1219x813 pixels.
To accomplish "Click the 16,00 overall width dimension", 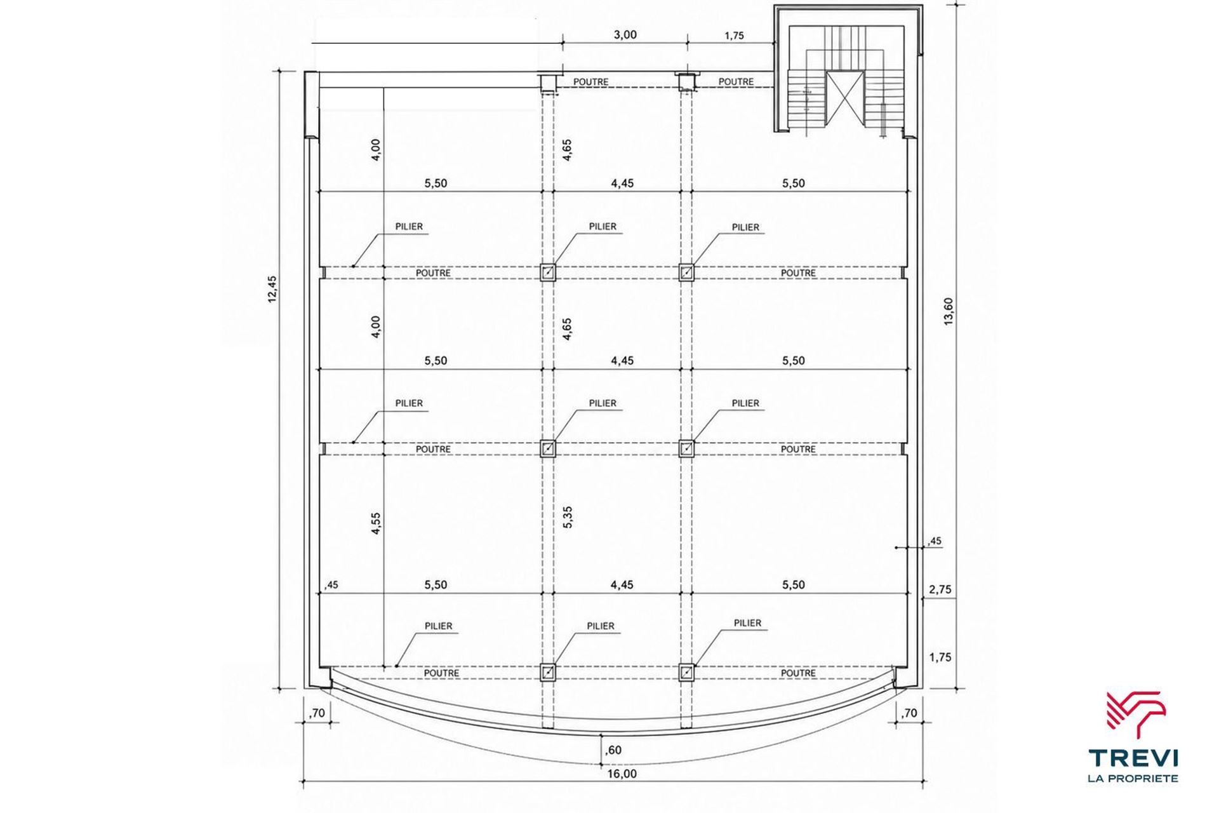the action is pyautogui.click(x=622, y=774).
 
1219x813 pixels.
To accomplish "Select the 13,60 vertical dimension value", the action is pyautogui.click(x=949, y=311).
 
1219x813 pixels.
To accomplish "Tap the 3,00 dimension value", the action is pyautogui.click(x=625, y=35).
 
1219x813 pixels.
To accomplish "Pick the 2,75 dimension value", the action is pyautogui.click(x=940, y=589).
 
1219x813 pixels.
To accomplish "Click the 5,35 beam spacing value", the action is pyautogui.click(x=568, y=517).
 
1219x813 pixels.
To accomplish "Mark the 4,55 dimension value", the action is pyautogui.click(x=376, y=523).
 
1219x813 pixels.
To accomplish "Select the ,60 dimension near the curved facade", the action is pyautogui.click(x=613, y=750).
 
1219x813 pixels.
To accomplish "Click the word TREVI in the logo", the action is pyautogui.click(x=1134, y=758).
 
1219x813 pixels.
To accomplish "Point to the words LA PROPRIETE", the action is pyautogui.click(x=1134, y=778).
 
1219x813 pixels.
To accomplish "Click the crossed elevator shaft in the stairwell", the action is pyautogui.click(x=845, y=98).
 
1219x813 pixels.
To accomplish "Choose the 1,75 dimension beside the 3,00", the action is pyautogui.click(x=734, y=36).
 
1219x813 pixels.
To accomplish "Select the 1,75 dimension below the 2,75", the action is pyautogui.click(x=940, y=657).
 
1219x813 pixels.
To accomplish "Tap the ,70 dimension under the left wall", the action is pyautogui.click(x=317, y=713).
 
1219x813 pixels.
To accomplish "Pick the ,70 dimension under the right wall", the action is pyautogui.click(x=909, y=713).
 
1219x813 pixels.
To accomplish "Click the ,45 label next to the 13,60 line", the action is pyautogui.click(x=935, y=542).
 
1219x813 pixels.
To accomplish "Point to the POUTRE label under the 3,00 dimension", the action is pyautogui.click(x=590, y=82).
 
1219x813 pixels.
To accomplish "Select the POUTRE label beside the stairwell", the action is pyautogui.click(x=736, y=82).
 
